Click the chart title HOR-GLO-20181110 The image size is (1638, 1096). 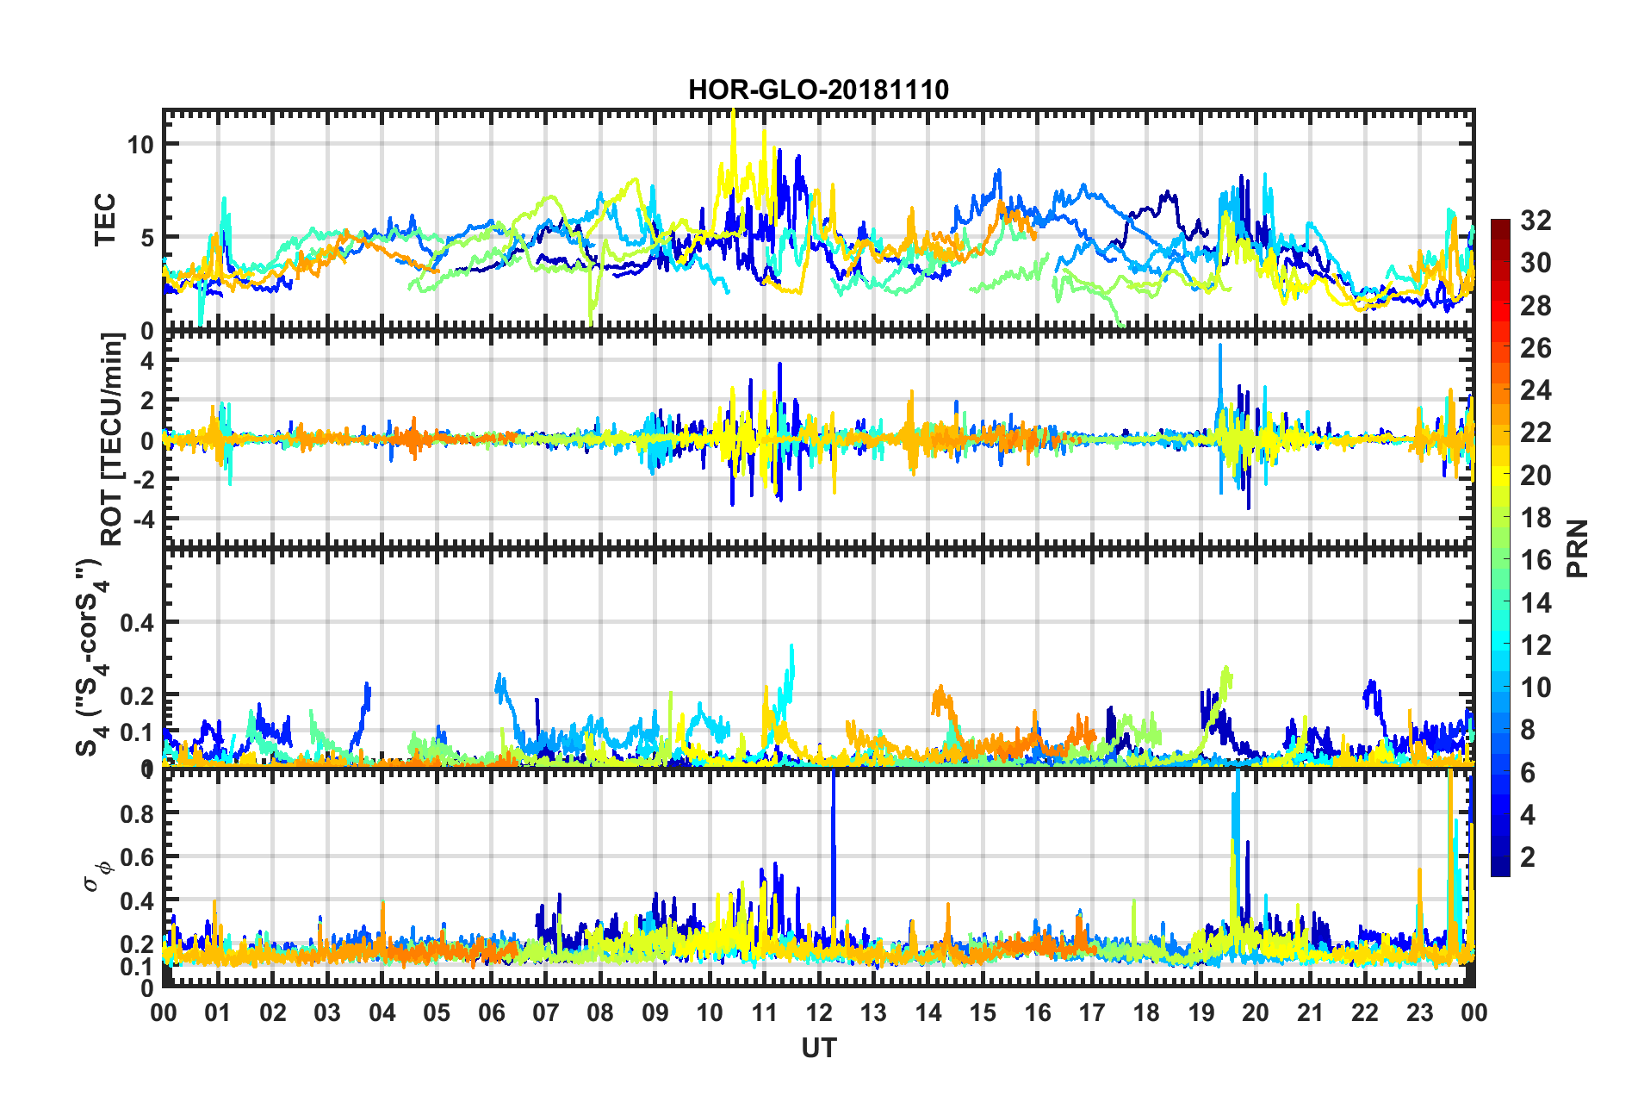[x=818, y=90]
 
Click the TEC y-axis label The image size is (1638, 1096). [x=105, y=221]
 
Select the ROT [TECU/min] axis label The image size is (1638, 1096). [x=112, y=439]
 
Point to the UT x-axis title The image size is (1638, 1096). [x=818, y=1048]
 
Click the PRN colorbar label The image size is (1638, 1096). [x=1578, y=549]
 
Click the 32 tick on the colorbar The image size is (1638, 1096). [x=1536, y=221]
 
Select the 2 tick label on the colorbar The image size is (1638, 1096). [x=1528, y=856]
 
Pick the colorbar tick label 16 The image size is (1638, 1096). [x=1536, y=560]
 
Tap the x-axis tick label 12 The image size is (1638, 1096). [x=818, y=1012]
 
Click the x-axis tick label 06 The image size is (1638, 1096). [x=491, y=1012]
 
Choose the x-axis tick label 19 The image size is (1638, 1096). [x=1201, y=1012]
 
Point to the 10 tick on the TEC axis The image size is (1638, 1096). [x=140, y=145]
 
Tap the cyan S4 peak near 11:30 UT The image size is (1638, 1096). [x=791, y=648]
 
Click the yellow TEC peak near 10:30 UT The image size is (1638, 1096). [x=733, y=114]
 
